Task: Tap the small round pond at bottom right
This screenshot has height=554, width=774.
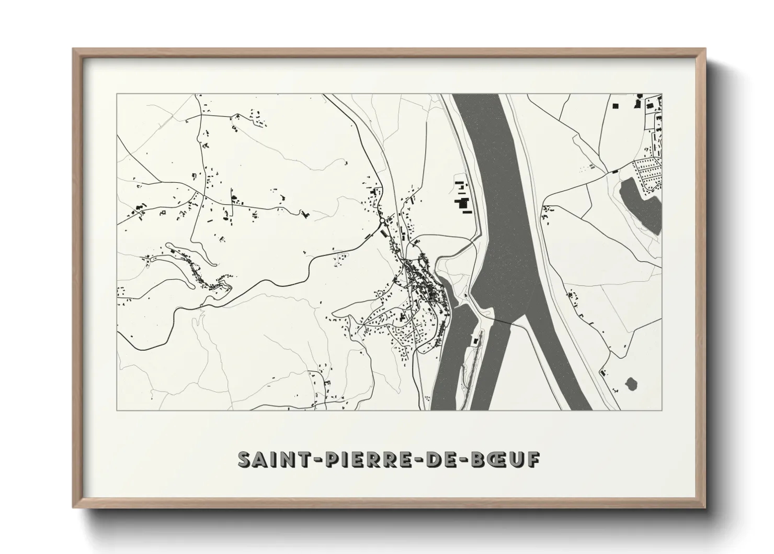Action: (631, 384)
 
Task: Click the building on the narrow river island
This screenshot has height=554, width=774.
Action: (475, 341)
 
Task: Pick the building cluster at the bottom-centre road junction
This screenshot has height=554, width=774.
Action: (320, 387)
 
